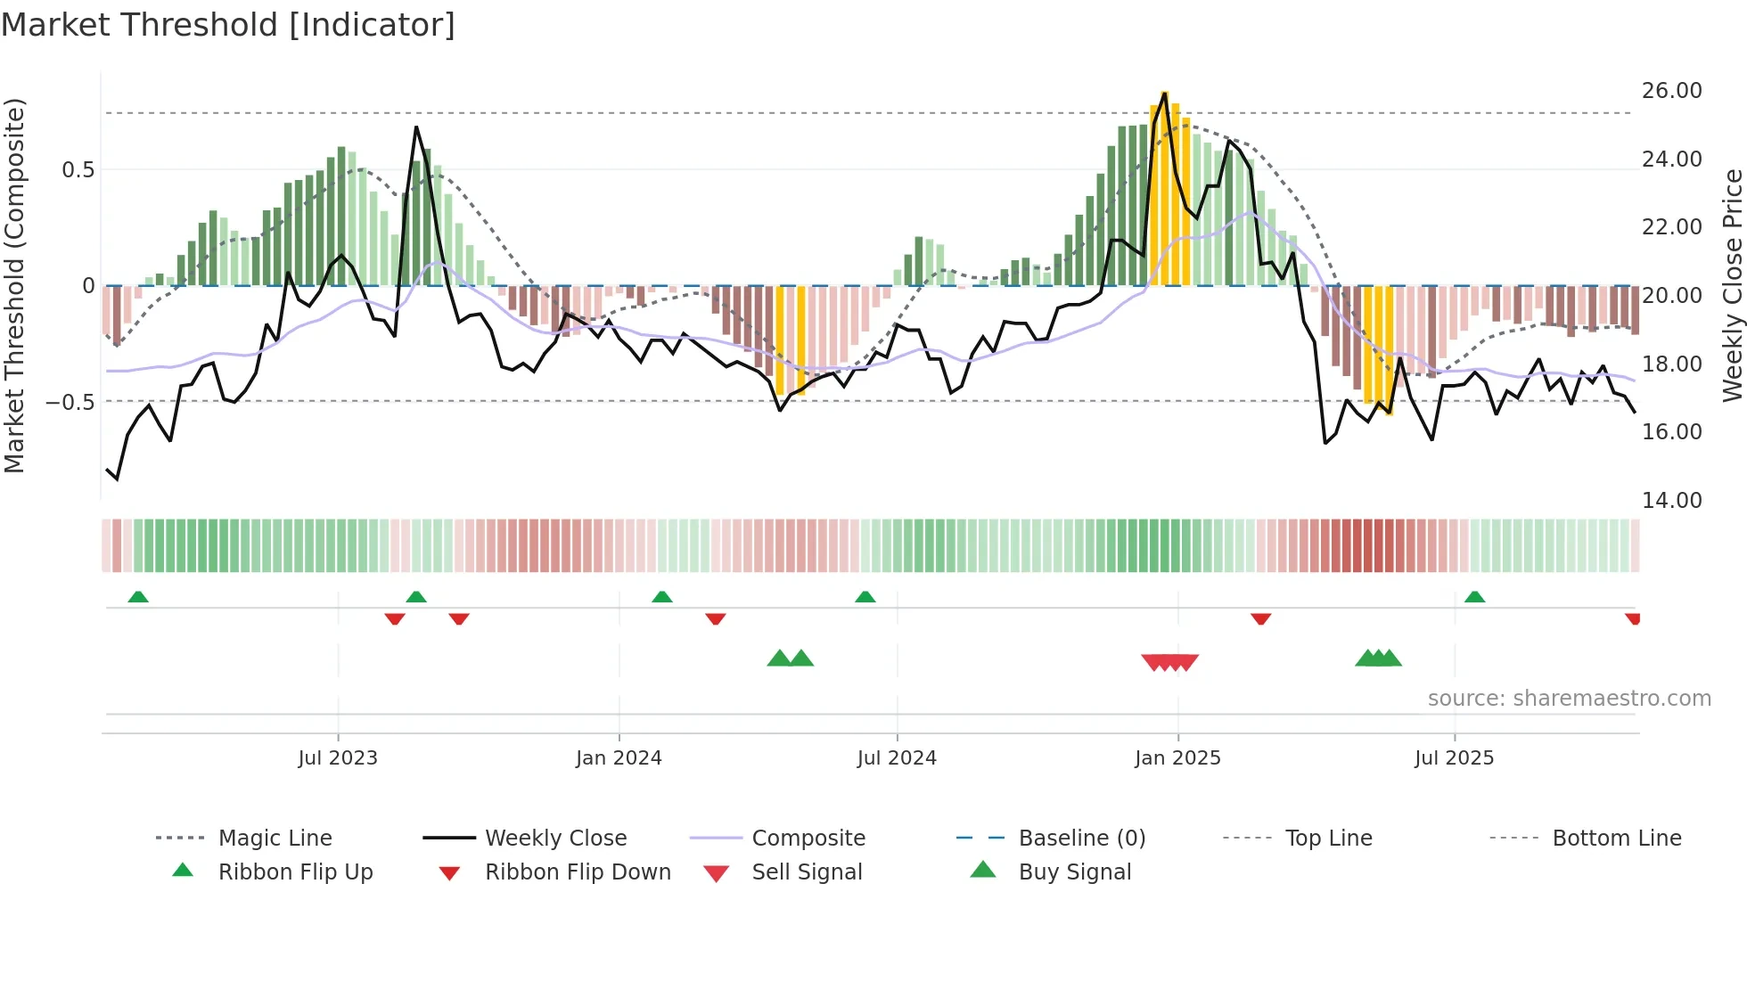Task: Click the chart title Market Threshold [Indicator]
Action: tap(228, 25)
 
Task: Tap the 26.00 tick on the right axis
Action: tap(1671, 91)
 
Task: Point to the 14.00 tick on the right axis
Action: tap(1671, 501)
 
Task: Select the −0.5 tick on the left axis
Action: tap(70, 403)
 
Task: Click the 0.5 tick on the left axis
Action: tap(78, 170)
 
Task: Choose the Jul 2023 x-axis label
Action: tap(338, 758)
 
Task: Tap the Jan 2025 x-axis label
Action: tap(1177, 758)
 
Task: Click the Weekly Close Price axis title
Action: tap(1732, 285)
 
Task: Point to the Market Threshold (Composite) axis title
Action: tap(14, 285)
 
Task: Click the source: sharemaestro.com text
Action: tap(1569, 699)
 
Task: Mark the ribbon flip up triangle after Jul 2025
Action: tap(1474, 597)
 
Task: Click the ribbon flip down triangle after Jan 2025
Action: tap(1260, 618)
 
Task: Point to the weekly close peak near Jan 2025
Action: tap(1165, 93)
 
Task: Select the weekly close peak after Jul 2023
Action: tap(416, 127)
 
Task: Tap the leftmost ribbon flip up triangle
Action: tap(138, 597)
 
